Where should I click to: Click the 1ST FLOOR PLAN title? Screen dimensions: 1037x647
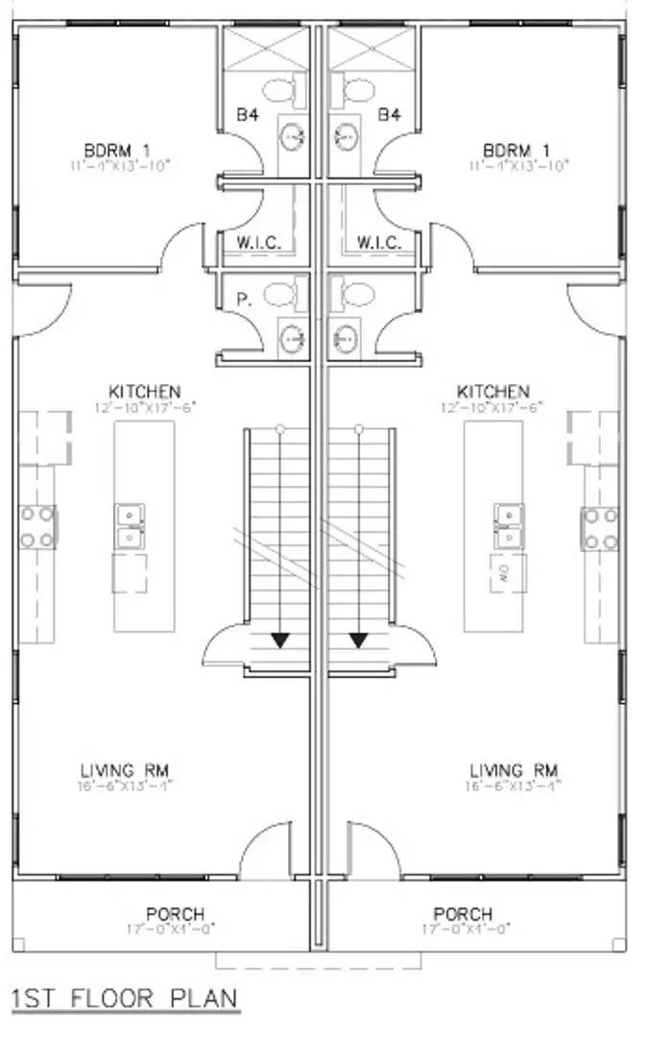(124, 999)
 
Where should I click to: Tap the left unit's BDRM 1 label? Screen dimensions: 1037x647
(118, 151)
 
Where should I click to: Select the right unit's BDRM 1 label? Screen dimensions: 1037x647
(518, 151)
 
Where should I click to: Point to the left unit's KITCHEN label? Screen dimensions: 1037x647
(145, 392)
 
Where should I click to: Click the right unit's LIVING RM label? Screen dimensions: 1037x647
(514, 770)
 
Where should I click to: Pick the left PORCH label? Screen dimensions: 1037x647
(176, 913)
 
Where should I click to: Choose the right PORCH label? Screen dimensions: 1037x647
(463, 913)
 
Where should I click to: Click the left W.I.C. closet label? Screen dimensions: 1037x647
(259, 243)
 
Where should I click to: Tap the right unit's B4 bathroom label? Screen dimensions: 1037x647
(388, 115)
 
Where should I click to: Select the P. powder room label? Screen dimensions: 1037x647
(244, 300)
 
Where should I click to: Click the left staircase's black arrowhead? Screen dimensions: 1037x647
(279, 639)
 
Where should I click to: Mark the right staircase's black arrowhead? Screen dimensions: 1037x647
(360, 639)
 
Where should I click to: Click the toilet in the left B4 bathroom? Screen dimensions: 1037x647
(278, 93)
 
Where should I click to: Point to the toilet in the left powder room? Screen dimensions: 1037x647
(279, 293)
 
